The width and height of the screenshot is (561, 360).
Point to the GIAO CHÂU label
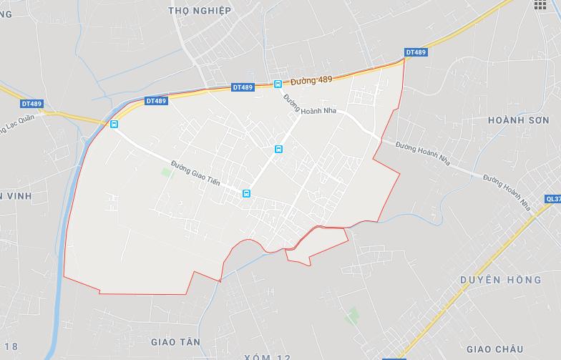tap(504, 349)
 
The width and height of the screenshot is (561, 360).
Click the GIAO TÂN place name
tap(176, 342)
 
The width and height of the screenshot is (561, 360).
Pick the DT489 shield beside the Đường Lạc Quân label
tap(32, 104)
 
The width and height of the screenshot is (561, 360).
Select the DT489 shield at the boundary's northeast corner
tap(416, 52)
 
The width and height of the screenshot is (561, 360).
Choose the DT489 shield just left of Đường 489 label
tap(243, 87)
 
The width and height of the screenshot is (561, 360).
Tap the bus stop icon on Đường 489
tap(278, 84)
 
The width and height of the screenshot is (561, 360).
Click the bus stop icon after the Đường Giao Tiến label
tap(246, 193)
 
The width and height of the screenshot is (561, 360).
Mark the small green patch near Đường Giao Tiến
tap(167, 172)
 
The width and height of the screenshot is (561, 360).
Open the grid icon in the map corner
tap(540, 5)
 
